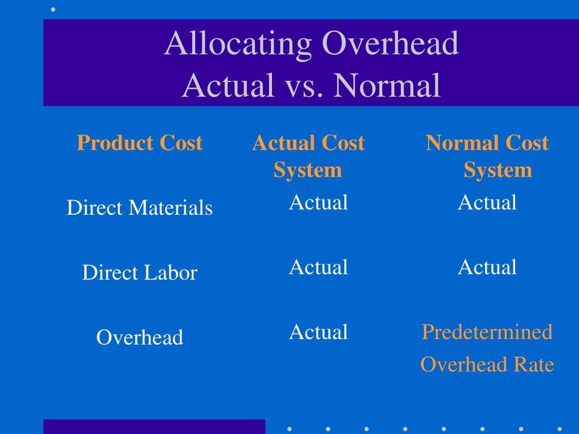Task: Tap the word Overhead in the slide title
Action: click(390, 44)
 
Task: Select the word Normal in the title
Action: click(387, 86)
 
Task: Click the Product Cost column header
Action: click(140, 143)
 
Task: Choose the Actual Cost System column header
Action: click(308, 157)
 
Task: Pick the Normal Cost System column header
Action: click(487, 157)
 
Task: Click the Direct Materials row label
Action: click(140, 208)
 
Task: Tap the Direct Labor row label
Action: click(140, 273)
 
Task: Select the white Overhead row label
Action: click(140, 338)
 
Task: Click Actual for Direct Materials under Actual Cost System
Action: click(318, 202)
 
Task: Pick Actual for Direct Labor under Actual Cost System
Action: click(318, 267)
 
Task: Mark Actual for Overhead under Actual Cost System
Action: click(318, 332)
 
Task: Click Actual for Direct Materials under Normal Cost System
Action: click(487, 202)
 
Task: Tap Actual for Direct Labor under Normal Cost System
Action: click(487, 267)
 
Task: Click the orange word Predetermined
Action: click(487, 332)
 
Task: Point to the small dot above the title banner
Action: click(54, 9)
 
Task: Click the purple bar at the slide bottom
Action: click(154, 427)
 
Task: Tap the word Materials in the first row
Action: click(170, 208)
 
